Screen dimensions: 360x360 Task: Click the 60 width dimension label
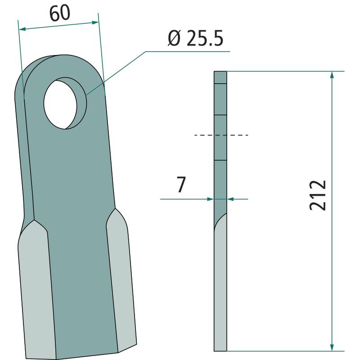click(x=60, y=13)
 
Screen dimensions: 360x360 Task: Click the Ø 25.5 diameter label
click(x=195, y=38)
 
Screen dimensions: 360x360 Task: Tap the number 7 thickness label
click(x=181, y=184)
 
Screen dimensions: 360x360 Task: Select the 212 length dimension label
click(x=318, y=195)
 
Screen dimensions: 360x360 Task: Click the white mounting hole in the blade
click(x=60, y=104)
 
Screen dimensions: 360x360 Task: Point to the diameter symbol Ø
click(x=174, y=38)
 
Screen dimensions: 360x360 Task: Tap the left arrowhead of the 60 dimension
click(x=22, y=29)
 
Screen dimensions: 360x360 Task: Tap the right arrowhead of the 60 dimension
click(x=95, y=22)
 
